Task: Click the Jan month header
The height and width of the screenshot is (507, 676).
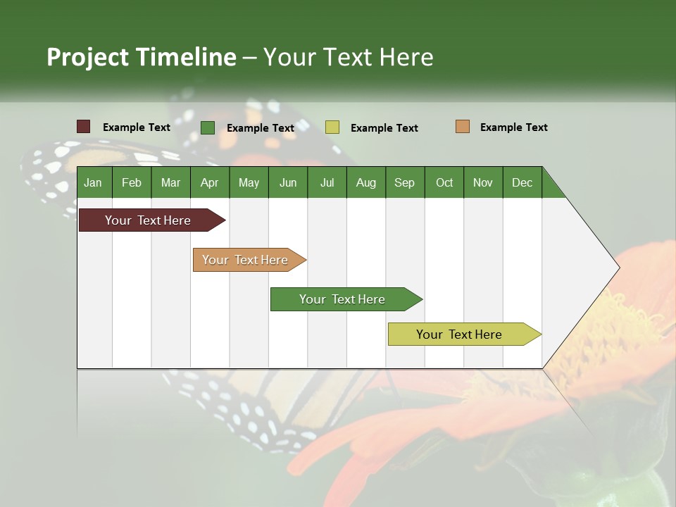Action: (x=93, y=182)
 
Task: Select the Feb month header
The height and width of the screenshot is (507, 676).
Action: (x=132, y=182)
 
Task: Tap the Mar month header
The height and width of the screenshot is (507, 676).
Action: (x=170, y=182)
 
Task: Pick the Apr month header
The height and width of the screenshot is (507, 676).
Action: (x=209, y=182)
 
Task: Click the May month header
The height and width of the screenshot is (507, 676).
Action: (x=249, y=182)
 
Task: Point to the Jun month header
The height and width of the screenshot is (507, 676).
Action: (x=288, y=182)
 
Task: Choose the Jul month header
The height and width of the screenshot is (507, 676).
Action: (x=327, y=182)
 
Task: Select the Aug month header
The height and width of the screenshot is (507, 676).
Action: (x=365, y=182)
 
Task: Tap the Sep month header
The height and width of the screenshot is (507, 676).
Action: (x=404, y=182)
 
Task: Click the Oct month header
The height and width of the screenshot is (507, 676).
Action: (x=444, y=182)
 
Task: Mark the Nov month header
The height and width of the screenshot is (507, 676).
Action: (x=483, y=182)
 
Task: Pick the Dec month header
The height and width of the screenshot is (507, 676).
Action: (x=522, y=182)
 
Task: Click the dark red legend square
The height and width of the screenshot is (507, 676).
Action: (x=84, y=127)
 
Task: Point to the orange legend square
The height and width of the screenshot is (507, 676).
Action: (x=463, y=127)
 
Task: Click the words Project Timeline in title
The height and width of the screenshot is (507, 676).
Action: (x=142, y=57)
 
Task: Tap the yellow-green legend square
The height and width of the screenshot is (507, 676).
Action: (x=332, y=127)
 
